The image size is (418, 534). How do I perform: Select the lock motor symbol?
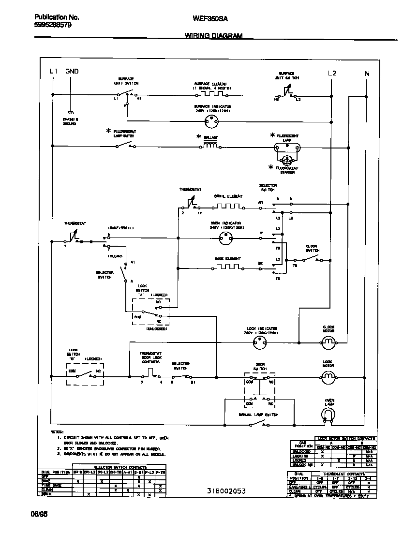tap(328, 376)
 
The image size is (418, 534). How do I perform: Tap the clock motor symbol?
tap(328, 343)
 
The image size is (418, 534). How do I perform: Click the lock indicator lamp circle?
tap(260, 343)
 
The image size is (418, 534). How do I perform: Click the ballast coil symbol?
tap(210, 146)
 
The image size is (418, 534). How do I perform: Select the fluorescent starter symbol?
tap(287, 159)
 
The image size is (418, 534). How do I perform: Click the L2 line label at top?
tap(331, 73)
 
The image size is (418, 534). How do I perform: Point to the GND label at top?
tap(72, 72)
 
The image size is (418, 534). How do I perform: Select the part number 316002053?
tap(226, 491)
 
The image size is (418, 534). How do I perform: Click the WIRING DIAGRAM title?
tap(213, 36)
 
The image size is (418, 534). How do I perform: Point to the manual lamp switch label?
tap(258, 415)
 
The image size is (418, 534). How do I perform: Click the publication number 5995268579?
tap(53, 25)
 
